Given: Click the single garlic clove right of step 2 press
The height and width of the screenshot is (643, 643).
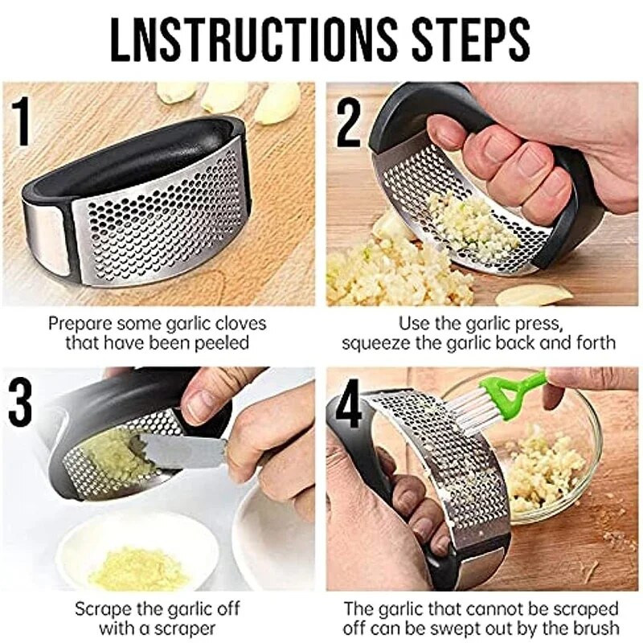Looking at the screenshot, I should coord(531,295).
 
